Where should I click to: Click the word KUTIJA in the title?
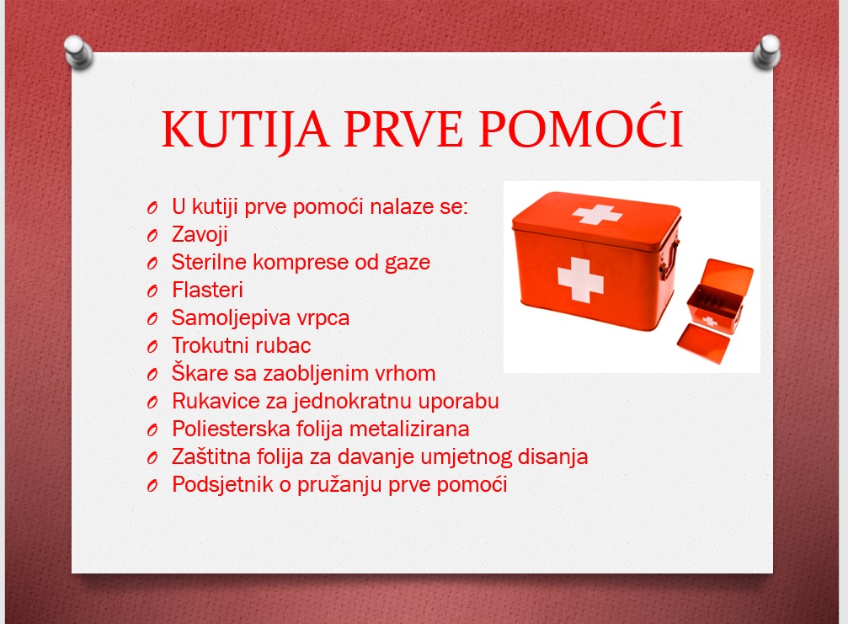246,129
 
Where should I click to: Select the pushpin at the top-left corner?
78,52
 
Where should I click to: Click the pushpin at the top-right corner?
767,52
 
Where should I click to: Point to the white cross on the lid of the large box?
597,214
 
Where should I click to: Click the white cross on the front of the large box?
580,280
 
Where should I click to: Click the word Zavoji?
200,235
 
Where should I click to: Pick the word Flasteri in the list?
207,290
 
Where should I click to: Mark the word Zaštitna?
211,456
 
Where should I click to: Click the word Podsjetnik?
222,484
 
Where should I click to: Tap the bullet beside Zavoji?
152,236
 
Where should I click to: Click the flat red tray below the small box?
704,344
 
